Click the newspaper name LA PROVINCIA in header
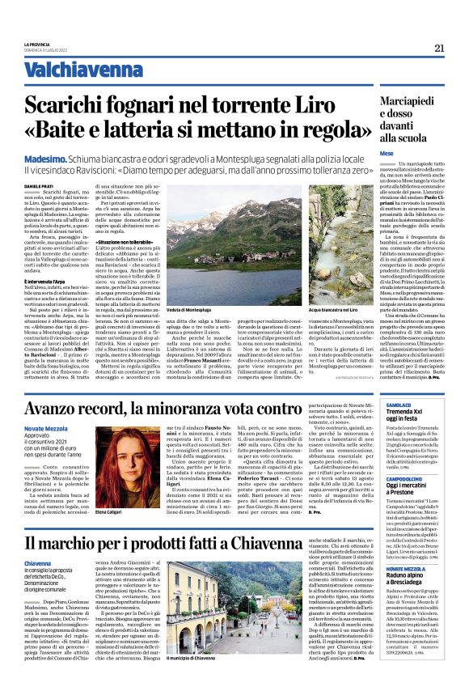click(38, 44)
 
